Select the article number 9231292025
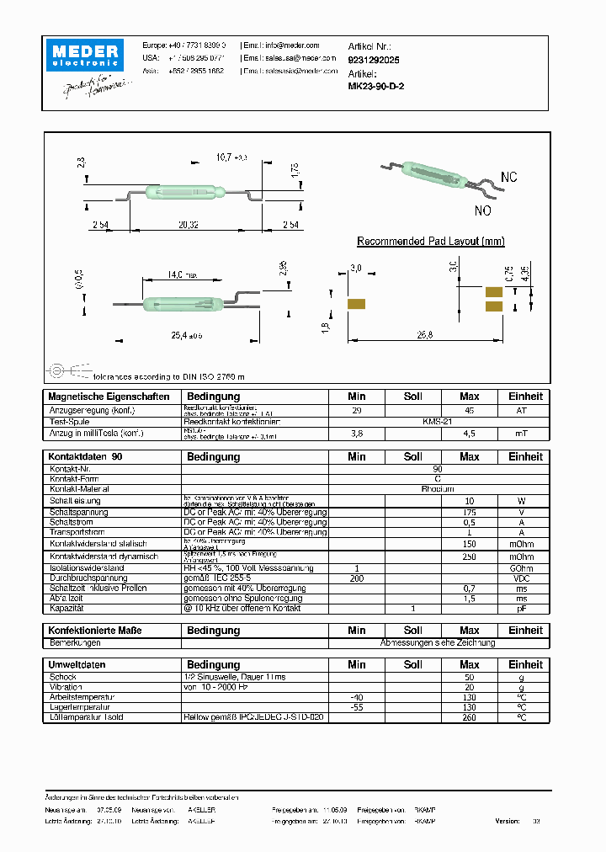point(374,60)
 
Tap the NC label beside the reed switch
point(509,178)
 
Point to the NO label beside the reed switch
point(483,210)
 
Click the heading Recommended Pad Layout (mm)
point(431,242)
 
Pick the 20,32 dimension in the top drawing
point(188,225)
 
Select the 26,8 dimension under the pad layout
point(424,334)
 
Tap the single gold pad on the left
point(355,303)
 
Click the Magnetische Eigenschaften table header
point(109,397)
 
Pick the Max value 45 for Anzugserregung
point(470,410)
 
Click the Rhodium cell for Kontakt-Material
point(438,488)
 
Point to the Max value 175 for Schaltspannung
point(470,512)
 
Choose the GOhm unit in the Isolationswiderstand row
point(522,569)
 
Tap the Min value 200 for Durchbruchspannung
point(357,579)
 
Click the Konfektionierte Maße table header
point(95,631)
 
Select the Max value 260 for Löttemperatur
point(470,717)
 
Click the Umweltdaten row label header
point(77,664)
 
